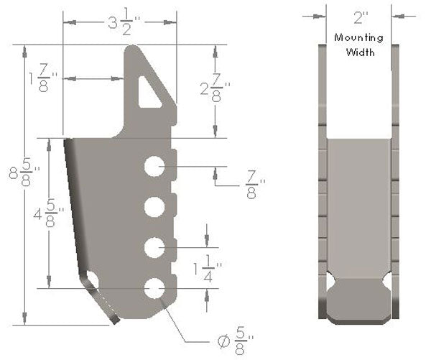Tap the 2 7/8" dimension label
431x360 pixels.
coord(215,91)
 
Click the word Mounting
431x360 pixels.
coord(358,37)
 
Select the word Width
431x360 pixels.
coord(358,52)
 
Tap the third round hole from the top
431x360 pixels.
coord(154,247)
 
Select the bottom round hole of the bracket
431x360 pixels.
coord(154,288)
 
